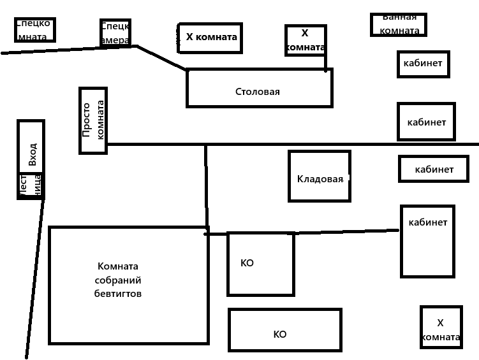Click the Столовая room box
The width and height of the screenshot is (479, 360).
[x=259, y=89]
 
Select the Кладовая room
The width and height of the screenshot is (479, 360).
[x=319, y=176]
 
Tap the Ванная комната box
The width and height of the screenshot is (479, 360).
[x=399, y=24]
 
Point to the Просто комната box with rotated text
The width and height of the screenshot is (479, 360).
[x=93, y=120]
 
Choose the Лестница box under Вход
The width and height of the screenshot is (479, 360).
[x=30, y=185]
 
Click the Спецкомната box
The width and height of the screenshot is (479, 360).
[x=34, y=29]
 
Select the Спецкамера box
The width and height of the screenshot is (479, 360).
[x=115, y=32]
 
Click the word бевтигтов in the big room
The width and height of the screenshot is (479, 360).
[x=118, y=294]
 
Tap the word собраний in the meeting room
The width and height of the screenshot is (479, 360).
[x=118, y=280]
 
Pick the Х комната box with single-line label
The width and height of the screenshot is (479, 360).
[x=210, y=37]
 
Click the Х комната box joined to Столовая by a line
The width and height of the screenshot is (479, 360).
[x=306, y=40]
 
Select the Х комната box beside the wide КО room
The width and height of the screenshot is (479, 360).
[x=441, y=327]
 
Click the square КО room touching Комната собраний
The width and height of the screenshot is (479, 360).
[x=260, y=264]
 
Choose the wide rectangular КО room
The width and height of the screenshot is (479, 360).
[x=285, y=330]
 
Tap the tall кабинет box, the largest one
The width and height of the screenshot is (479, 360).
[x=427, y=241]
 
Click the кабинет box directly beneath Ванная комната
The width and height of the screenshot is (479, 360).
[x=423, y=64]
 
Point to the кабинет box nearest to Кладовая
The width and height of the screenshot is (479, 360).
[x=434, y=169]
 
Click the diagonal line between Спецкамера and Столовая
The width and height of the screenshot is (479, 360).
[x=161, y=57]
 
